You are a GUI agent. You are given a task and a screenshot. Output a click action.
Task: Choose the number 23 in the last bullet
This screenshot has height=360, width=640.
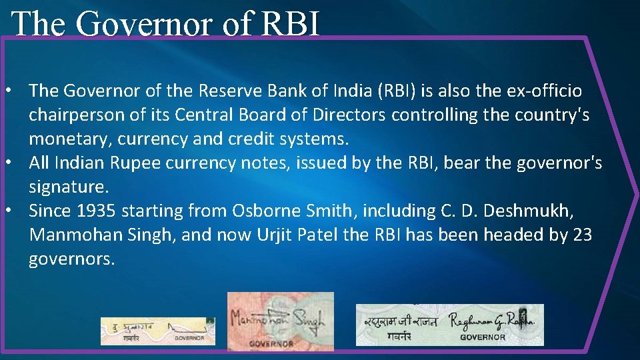[x=581, y=235]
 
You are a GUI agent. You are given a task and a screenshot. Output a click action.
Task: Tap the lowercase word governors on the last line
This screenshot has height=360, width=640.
[x=71, y=259]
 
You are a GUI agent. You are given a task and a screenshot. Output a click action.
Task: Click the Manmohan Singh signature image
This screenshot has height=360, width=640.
[x=280, y=321]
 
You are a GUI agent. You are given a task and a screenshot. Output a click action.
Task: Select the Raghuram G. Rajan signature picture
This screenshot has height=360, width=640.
[x=449, y=325]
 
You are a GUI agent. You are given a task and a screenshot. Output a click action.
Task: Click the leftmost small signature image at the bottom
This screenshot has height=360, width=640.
[x=157, y=331]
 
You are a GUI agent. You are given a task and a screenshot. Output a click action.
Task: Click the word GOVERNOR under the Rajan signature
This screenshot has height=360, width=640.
[x=483, y=337]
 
